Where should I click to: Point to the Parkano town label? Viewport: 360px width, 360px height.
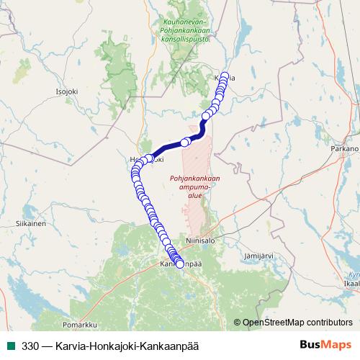coord(344,148)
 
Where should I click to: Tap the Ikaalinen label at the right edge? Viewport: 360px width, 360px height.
coord(351,284)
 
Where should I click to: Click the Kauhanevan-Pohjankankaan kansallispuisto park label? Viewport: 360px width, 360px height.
coord(186,31)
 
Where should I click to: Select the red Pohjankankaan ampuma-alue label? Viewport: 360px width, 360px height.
coord(194,184)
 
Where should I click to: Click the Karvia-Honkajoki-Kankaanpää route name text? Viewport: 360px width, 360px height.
coord(130,346)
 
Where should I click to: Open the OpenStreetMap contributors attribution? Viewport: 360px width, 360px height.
coord(297,323)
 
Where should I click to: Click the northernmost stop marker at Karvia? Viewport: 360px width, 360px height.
coord(225,76)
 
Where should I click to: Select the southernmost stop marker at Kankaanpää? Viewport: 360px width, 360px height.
coord(180,264)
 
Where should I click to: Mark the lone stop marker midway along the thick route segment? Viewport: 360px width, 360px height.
coord(185,142)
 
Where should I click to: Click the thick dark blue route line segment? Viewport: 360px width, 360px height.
coord(167,147)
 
